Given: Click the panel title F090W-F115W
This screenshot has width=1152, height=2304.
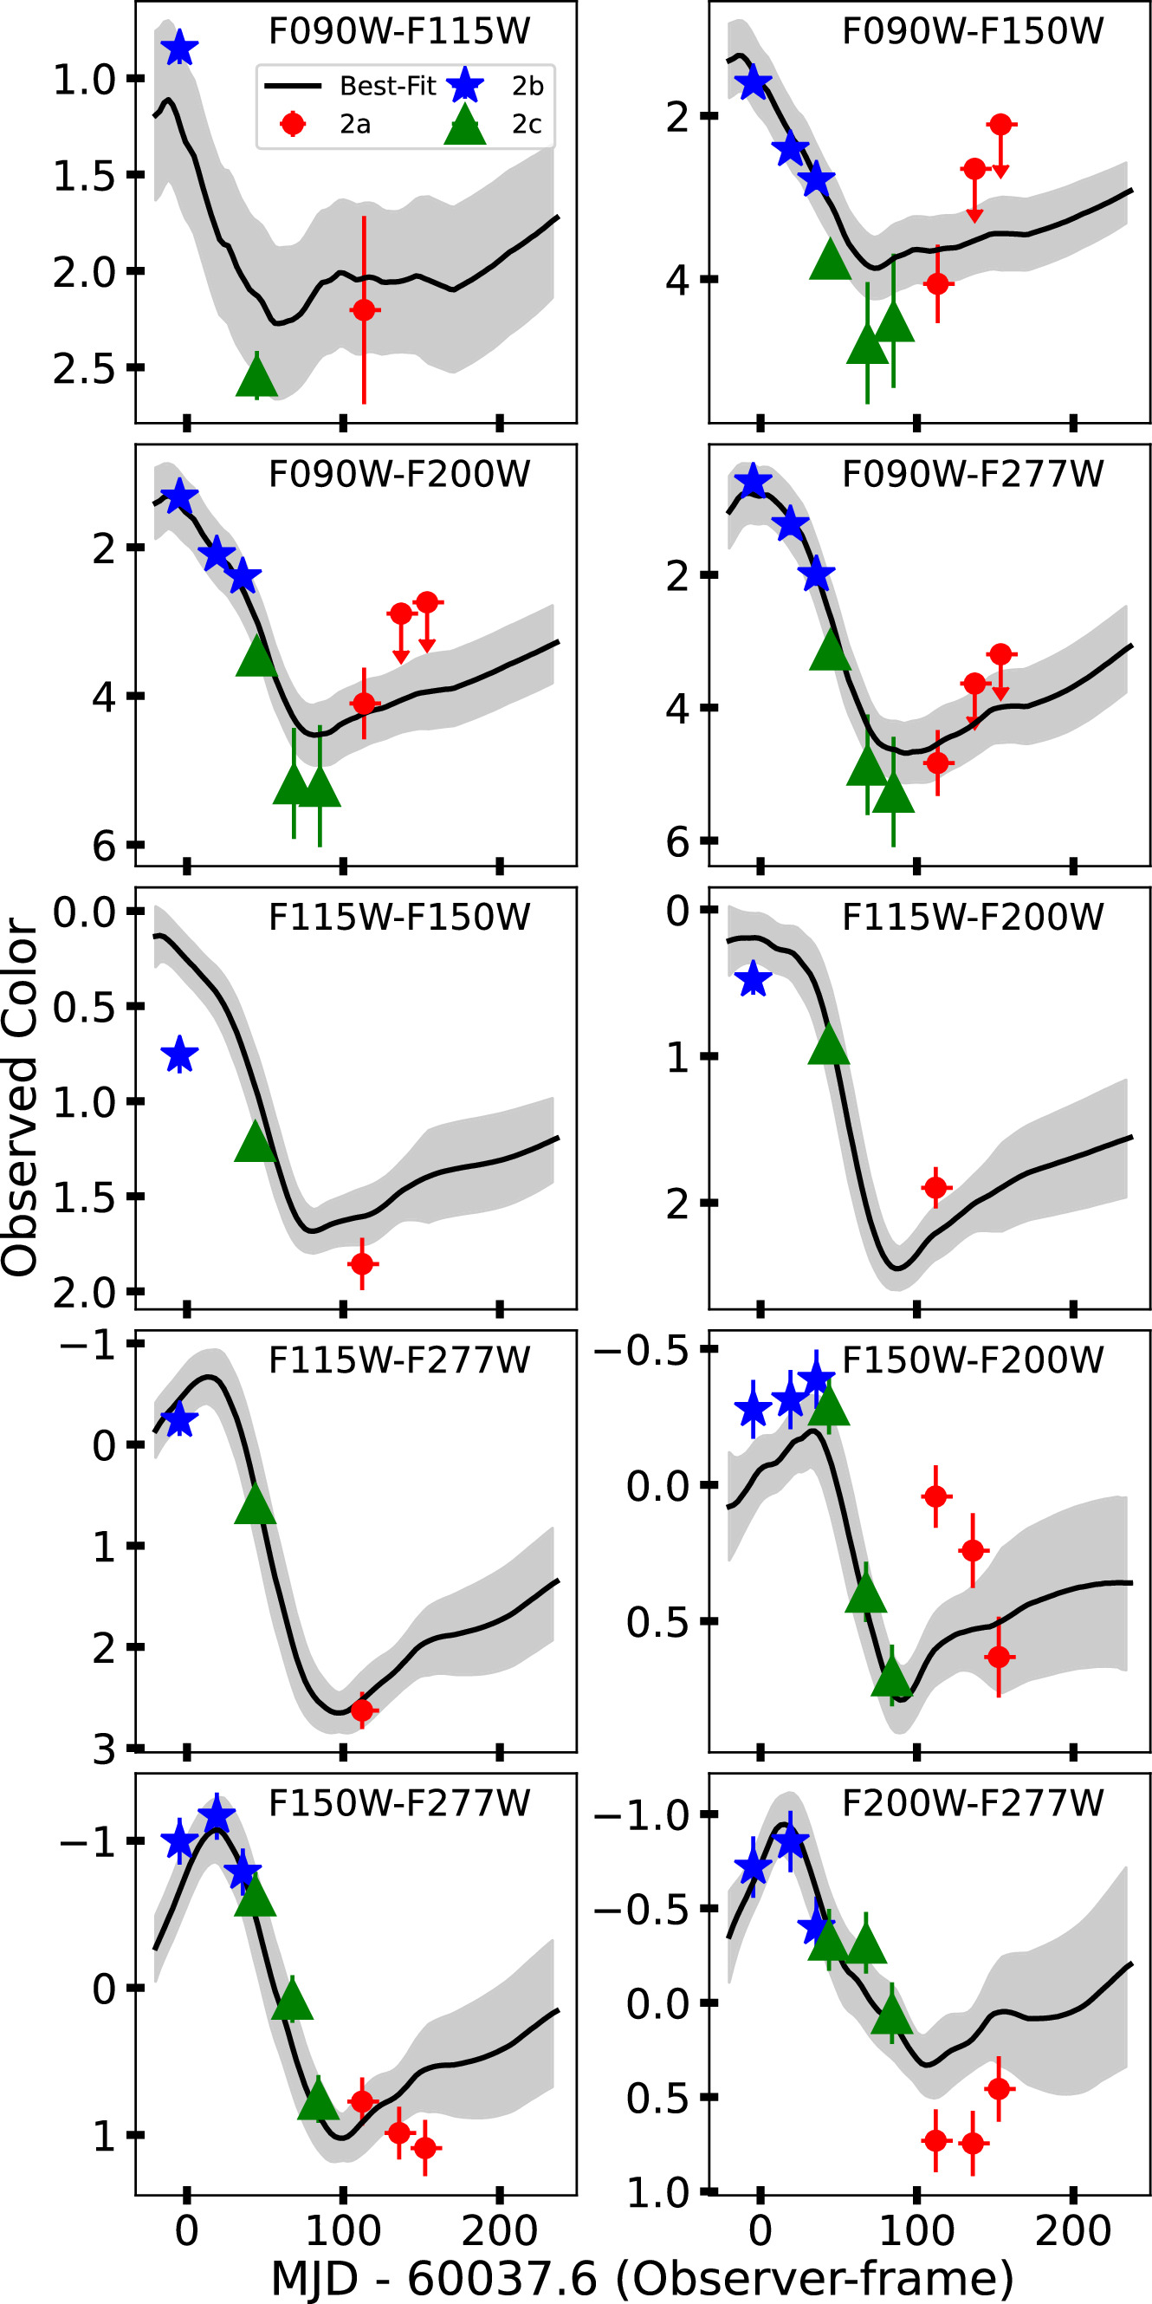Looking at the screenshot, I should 399,31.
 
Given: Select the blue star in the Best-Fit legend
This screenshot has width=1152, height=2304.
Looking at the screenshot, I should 465,86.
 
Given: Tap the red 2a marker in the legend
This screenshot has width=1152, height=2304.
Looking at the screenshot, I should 293,123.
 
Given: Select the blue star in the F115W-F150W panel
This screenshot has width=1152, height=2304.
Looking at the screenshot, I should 180,1055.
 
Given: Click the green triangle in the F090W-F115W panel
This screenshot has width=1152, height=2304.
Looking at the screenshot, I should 256,378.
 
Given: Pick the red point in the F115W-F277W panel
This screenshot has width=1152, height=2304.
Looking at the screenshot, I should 361,1710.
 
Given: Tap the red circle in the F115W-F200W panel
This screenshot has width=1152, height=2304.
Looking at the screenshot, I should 935,1188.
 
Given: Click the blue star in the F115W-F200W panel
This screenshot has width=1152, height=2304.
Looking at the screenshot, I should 753,979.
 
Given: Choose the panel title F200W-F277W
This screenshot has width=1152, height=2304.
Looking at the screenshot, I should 972,1802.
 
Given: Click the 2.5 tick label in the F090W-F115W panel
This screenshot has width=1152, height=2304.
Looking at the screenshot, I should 84,368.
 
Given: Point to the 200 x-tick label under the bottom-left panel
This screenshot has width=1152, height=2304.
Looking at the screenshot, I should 499,2230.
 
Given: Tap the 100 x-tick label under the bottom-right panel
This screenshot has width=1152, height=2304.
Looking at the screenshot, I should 916,2230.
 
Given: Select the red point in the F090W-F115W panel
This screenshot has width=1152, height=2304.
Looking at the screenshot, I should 363,310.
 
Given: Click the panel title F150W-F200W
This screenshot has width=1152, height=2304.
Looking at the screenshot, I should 972,1360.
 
